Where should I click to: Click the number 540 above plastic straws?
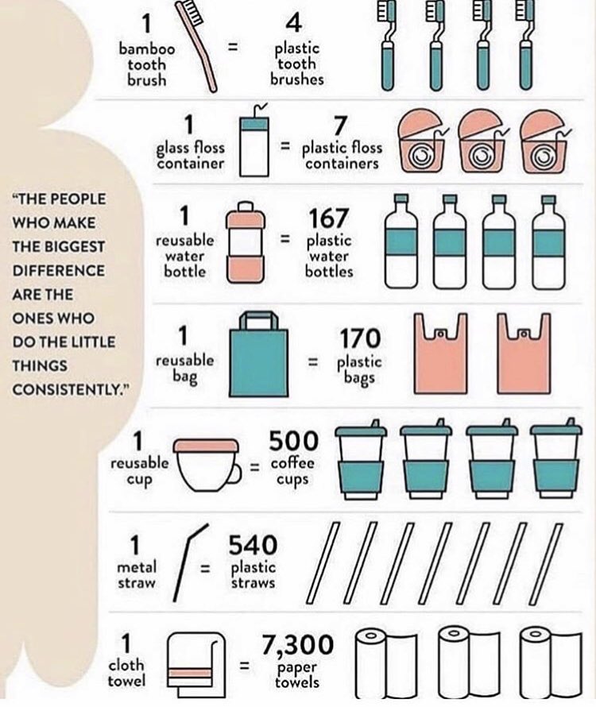click(253, 545)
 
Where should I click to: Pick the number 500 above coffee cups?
click(293, 441)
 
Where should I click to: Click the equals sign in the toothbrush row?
click(234, 47)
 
